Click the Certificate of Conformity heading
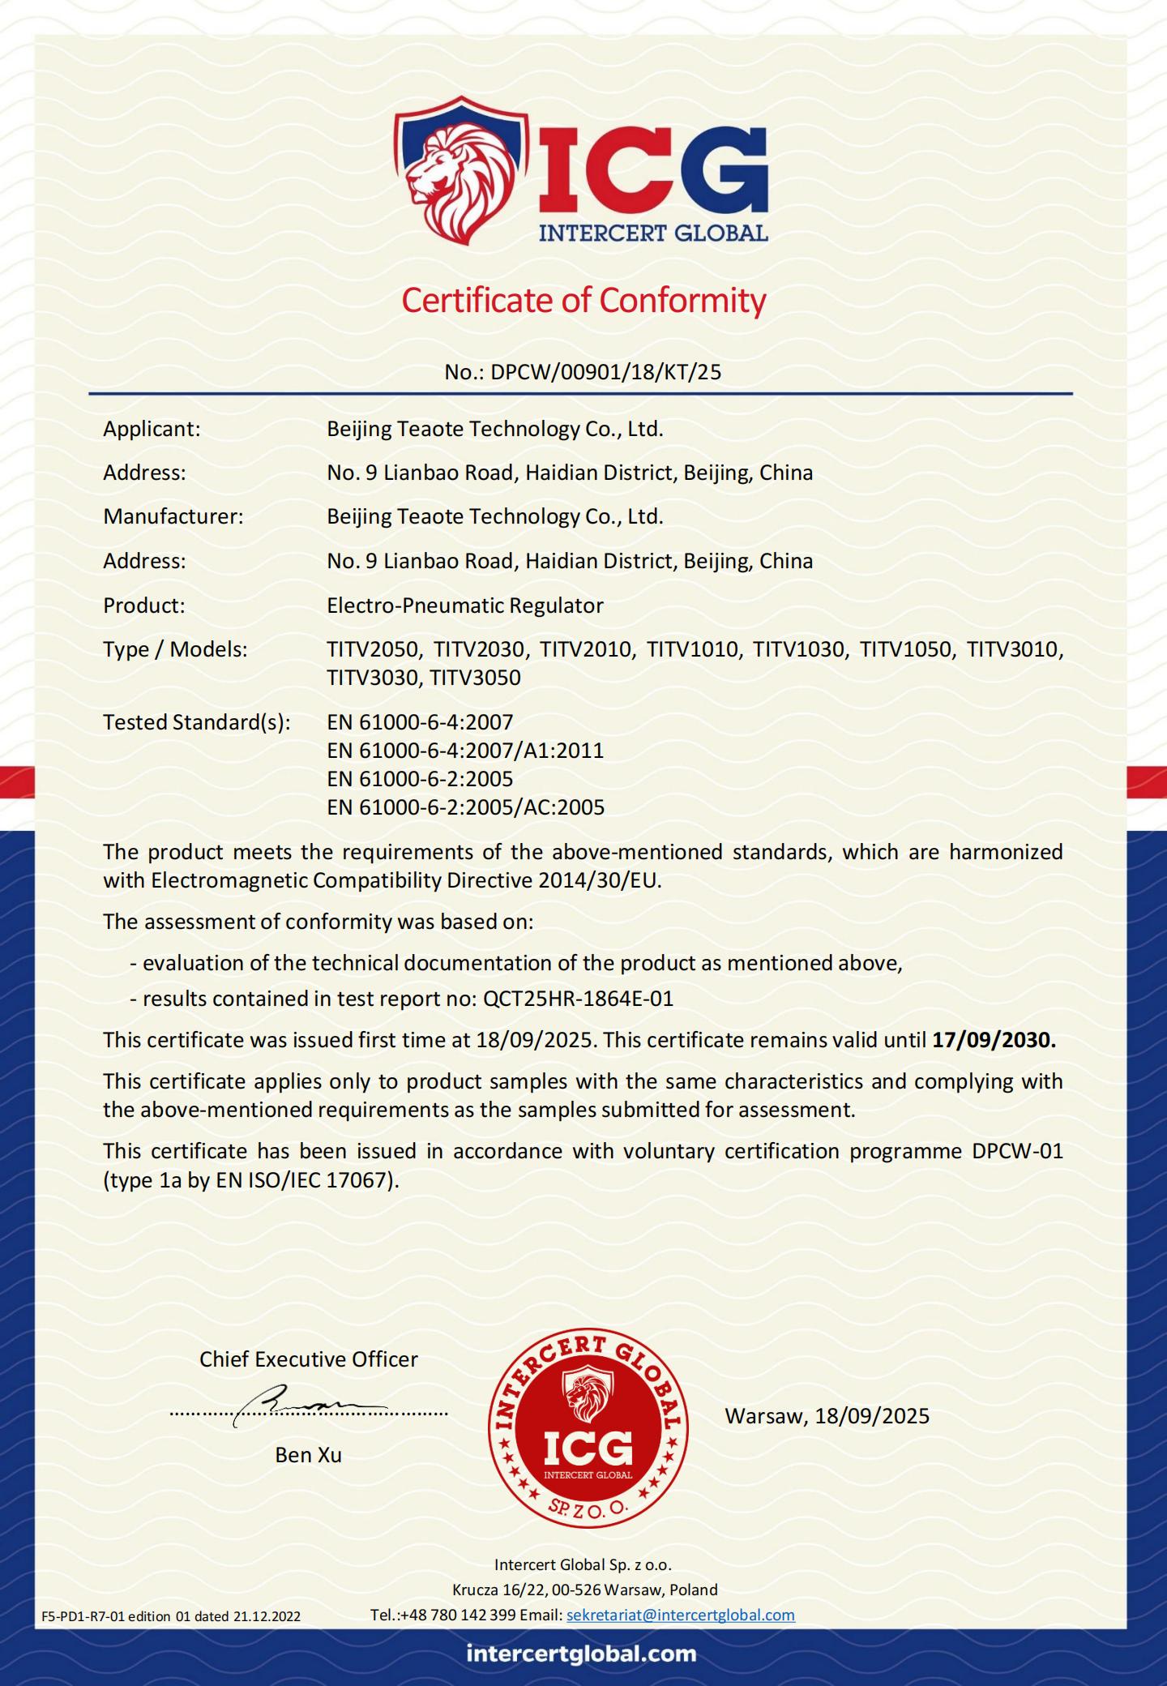point(583,301)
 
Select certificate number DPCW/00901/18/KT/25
point(605,372)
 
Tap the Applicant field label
point(152,429)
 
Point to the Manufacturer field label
point(173,516)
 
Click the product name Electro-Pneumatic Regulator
point(465,606)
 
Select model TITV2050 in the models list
point(374,649)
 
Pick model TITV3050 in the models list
point(475,678)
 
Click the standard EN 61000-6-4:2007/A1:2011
point(465,751)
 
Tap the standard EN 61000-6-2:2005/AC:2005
point(466,807)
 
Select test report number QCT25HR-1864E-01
point(578,999)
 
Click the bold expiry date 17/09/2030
point(994,1040)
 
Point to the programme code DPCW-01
point(1016,1151)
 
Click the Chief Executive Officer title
point(309,1359)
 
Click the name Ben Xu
point(308,1455)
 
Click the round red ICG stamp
point(588,1428)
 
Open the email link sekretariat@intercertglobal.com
point(680,1615)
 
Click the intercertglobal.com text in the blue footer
point(582,1654)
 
